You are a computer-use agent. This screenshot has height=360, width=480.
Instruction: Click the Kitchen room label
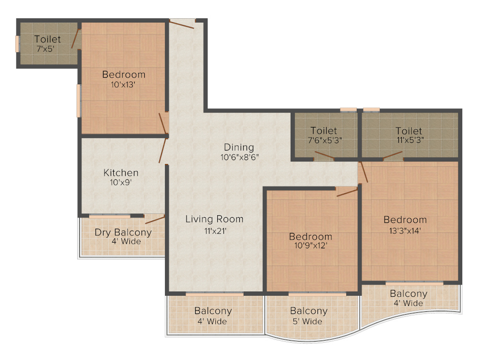[x=121, y=173]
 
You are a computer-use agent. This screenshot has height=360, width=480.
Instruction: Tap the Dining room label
[x=239, y=147]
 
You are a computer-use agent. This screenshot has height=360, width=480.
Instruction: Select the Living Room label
[x=214, y=219]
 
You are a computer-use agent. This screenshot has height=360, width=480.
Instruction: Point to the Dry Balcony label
[x=123, y=232]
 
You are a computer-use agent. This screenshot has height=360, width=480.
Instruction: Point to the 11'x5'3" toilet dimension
[x=409, y=140]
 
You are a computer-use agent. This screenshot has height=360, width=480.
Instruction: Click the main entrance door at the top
[x=182, y=23]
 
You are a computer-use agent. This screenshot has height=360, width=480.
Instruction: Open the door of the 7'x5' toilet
[x=76, y=40]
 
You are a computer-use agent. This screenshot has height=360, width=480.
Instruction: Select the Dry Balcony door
[x=155, y=220]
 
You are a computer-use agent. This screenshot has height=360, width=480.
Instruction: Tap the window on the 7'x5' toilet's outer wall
[x=17, y=44]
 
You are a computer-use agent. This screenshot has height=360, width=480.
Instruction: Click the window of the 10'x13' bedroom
[x=78, y=100]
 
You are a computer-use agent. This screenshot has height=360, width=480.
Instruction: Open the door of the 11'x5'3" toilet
[x=392, y=155]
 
